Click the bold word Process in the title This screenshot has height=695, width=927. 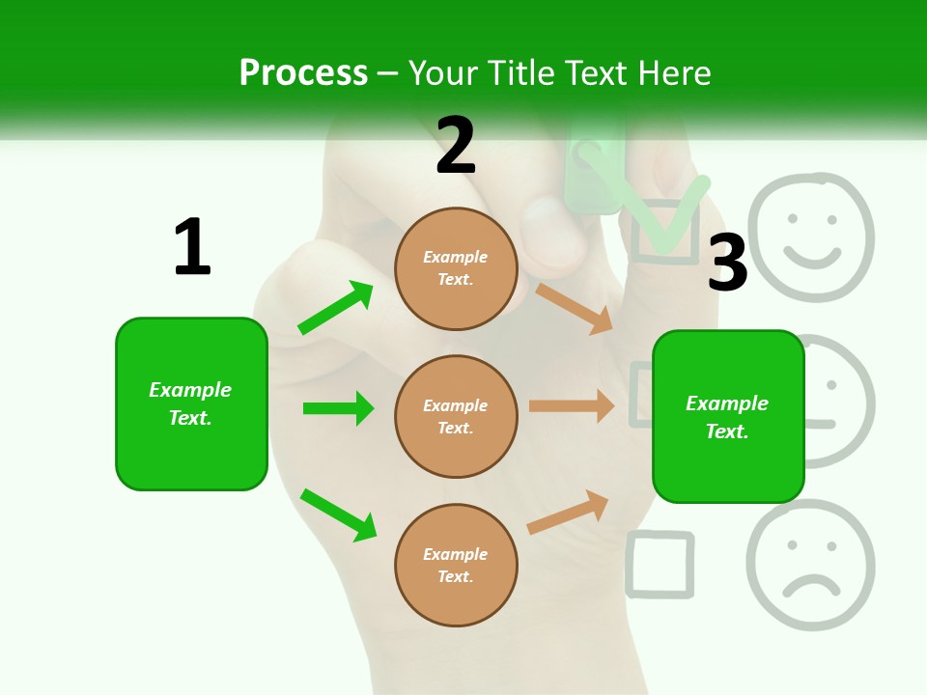tap(303, 73)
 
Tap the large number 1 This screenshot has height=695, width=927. tap(192, 247)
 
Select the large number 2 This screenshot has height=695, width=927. tap(456, 147)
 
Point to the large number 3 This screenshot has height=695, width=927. tap(728, 263)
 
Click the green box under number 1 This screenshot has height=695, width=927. tap(191, 403)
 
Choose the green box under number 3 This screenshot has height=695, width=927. tap(728, 416)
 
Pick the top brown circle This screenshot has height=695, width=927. tap(456, 267)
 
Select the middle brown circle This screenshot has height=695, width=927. tap(456, 416)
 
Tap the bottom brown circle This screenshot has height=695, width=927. tap(456, 565)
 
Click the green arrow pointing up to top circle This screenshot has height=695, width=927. tap(335, 308)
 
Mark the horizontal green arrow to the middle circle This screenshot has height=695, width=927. tap(338, 408)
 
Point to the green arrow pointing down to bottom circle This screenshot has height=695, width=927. tap(338, 514)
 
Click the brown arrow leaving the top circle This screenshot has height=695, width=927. tap(574, 308)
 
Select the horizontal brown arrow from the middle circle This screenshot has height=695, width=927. tap(572, 406)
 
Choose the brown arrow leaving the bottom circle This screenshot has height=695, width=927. tap(568, 512)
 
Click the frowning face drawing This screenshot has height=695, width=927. tap(811, 565)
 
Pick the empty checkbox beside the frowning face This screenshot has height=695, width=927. tap(660, 565)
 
